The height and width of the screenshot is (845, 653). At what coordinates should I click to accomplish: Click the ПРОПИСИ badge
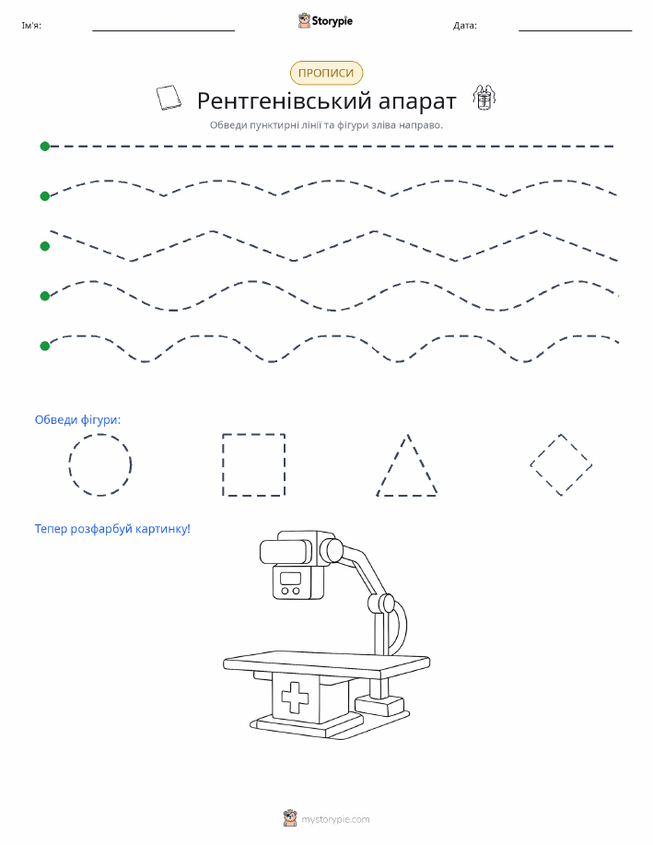(326, 73)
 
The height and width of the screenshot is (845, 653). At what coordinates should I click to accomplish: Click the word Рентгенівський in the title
(284, 100)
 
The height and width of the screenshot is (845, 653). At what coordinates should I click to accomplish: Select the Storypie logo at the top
(325, 21)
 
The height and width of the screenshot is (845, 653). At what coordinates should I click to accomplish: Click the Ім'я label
(31, 25)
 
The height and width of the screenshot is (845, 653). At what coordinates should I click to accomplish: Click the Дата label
(465, 25)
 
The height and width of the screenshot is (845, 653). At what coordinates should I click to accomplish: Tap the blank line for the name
(163, 30)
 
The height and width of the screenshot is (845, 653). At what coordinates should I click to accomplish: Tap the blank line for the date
(575, 30)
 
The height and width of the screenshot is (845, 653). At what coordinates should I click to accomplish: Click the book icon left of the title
(169, 98)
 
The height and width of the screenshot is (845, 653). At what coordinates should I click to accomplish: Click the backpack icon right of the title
(484, 97)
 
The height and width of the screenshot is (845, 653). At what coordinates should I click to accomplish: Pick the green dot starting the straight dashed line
(45, 146)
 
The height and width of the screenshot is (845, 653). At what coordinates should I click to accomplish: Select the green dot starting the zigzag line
(45, 246)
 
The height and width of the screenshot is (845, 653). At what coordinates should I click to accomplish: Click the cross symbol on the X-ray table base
(296, 698)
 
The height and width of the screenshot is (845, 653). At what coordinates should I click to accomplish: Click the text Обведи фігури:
(77, 420)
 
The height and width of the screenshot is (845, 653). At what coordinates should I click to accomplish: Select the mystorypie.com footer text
(335, 820)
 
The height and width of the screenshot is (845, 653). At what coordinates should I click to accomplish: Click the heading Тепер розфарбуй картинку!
(112, 529)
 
